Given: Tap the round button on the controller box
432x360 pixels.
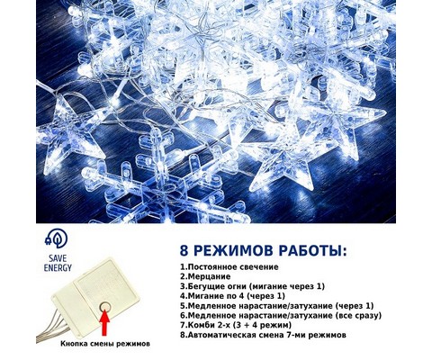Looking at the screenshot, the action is (105, 307).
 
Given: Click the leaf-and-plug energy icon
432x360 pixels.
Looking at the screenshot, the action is (56, 238).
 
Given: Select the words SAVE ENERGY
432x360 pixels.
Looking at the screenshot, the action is (58, 263).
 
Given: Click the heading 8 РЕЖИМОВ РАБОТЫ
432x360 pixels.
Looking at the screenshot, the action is (263, 250).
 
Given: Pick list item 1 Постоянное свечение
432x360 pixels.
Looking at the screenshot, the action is (229, 266).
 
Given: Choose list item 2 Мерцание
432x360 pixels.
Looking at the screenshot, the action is (205, 276).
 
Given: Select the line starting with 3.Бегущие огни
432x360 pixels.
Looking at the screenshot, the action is (252, 286).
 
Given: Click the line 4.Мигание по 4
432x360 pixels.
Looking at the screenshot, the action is (232, 296).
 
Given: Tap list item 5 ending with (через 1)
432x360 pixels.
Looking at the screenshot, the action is (277, 306).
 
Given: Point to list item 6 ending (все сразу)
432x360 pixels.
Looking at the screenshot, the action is (281, 316).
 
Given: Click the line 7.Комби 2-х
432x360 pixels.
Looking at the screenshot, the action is (236, 325).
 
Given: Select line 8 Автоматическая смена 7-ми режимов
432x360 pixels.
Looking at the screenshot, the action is (263, 335).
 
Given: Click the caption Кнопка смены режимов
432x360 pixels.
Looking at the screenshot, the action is (105, 344).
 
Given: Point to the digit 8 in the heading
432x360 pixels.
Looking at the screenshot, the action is (184, 251).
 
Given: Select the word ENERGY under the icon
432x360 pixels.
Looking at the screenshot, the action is (58, 267).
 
